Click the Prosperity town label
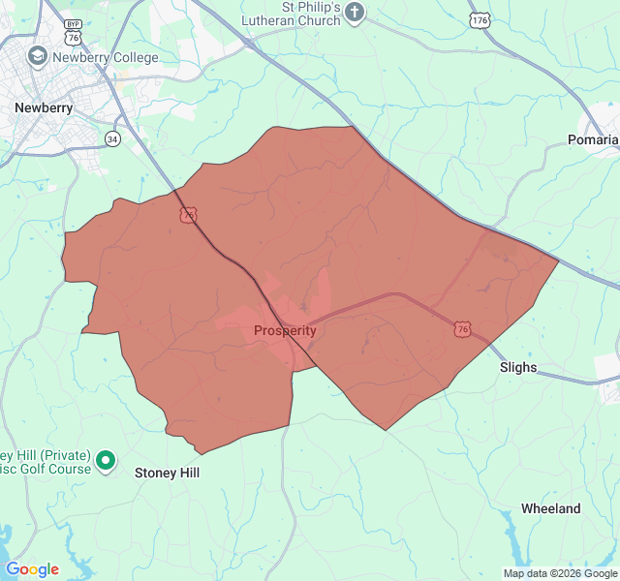pos(285,330)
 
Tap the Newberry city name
pos(44,107)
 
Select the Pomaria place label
pos(592,139)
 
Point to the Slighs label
pos(518,367)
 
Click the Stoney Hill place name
pos(167,473)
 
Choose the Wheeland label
pos(550,508)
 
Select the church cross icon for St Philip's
pos(355,14)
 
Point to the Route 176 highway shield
pos(480,18)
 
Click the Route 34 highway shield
pos(113,138)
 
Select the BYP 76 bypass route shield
pos(73,30)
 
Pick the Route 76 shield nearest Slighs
pos(462,330)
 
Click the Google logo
pos(32,569)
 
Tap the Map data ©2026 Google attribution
pos(558,573)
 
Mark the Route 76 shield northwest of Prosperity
pos(188,214)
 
